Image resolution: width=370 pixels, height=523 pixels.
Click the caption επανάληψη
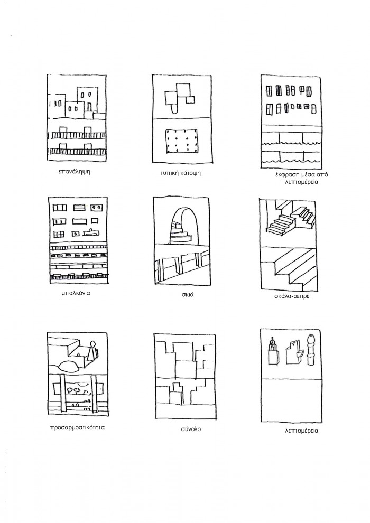pyautogui.click(x=74, y=172)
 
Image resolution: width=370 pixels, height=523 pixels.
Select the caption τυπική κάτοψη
pyautogui.click(x=180, y=173)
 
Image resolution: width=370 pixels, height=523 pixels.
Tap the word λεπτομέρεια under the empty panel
pyautogui.click(x=302, y=431)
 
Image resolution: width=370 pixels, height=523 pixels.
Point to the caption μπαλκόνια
pyautogui.click(x=76, y=294)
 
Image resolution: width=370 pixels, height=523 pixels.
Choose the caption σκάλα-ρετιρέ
pyautogui.click(x=292, y=296)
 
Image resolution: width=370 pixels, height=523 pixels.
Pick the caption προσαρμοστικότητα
pyautogui.click(x=77, y=427)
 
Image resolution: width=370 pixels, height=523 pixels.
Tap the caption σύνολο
pyautogui.click(x=191, y=429)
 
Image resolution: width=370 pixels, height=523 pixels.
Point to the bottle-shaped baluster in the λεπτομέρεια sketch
pyautogui.click(x=311, y=350)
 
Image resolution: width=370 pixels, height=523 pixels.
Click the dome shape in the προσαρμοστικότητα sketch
pyautogui.click(x=69, y=366)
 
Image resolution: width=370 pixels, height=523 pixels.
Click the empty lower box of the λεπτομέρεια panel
pyautogui.click(x=290, y=400)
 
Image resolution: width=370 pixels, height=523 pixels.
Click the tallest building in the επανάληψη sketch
pyautogui.click(x=87, y=99)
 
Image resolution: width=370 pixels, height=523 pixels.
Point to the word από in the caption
pyautogui.click(x=322, y=175)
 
